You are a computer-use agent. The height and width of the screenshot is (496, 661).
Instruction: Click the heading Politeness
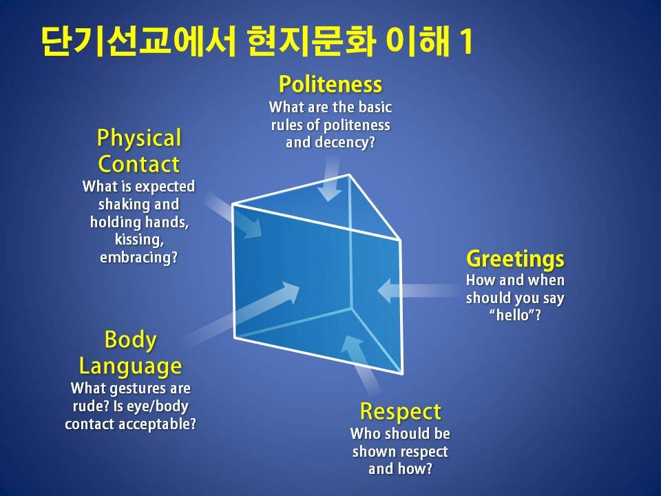[x=330, y=84]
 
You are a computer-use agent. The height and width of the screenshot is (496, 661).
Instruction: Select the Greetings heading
[x=515, y=259]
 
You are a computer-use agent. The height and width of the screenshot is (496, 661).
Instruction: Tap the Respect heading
[x=401, y=412]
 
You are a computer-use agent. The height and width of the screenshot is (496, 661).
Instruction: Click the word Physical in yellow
[x=139, y=138]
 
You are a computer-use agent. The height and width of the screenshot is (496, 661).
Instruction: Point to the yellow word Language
[x=130, y=366]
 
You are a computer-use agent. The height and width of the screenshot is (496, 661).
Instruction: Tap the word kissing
[x=139, y=240]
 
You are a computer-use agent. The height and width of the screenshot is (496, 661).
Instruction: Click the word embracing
[x=138, y=257]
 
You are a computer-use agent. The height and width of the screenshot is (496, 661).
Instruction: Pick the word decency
[x=330, y=143]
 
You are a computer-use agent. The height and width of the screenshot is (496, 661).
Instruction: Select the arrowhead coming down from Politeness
[x=329, y=193]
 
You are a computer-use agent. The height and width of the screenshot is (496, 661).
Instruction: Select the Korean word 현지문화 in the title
[x=311, y=41]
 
